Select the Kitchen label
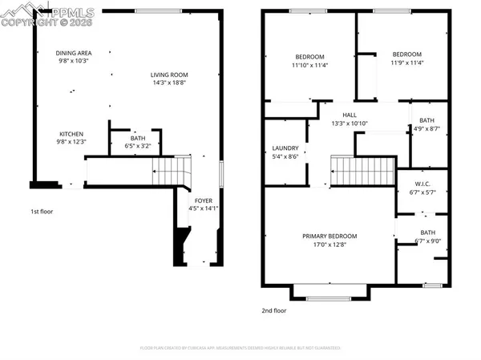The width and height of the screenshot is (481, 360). (x=71, y=134)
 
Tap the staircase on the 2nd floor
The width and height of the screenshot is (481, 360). (x=362, y=170)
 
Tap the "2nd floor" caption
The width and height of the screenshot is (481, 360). (x=274, y=310)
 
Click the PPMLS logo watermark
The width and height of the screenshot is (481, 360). (x=48, y=16)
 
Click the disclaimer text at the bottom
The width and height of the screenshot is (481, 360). (x=240, y=348)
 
